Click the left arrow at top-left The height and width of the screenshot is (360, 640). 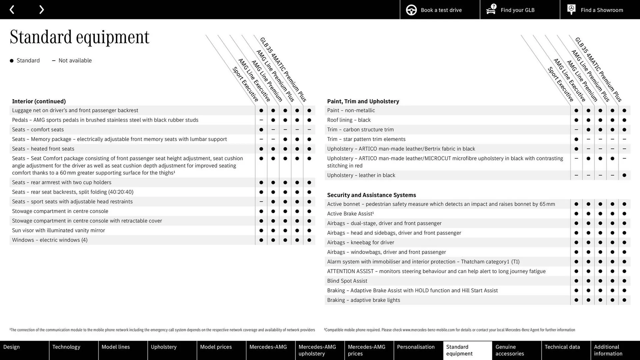click(12, 10)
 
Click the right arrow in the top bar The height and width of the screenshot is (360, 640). click(41, 10)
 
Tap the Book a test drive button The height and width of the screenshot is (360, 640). click(440, 10)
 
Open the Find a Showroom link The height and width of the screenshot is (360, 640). click(600, 10)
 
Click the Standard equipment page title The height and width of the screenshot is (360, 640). click(79, 37)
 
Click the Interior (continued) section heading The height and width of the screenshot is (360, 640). click(39, 101)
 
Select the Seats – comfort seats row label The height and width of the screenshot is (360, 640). click(38, 130)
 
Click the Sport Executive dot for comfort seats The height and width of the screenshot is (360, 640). click(261, 130)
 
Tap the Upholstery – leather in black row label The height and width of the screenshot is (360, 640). click(361, 175)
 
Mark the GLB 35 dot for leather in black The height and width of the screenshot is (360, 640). click(624, 175)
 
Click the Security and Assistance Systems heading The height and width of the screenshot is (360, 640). click(371, 195)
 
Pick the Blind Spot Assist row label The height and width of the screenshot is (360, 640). click(347, 281)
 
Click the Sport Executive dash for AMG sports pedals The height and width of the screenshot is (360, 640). click(261, 120)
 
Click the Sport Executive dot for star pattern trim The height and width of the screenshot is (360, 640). click(576, 139)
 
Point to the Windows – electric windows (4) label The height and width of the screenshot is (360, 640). click(50, 240)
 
